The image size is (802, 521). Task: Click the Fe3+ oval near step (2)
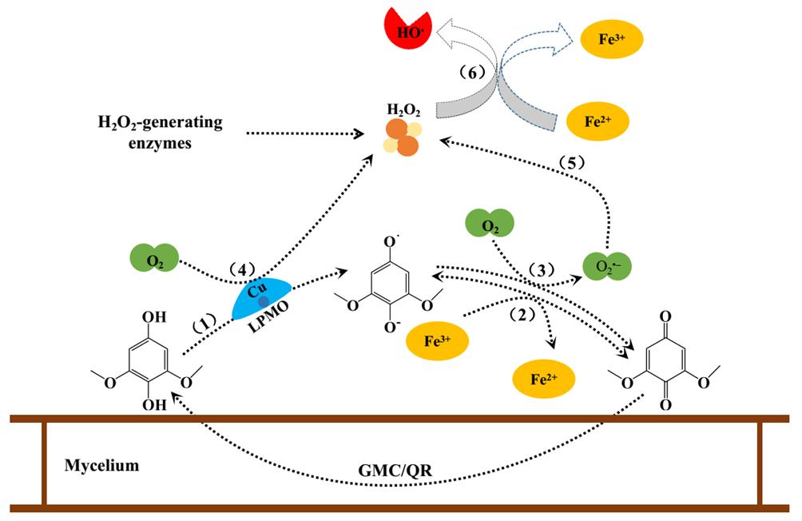(438, 340)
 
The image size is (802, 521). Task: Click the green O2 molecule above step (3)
(490, 226)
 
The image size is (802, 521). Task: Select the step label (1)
(209, 327)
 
